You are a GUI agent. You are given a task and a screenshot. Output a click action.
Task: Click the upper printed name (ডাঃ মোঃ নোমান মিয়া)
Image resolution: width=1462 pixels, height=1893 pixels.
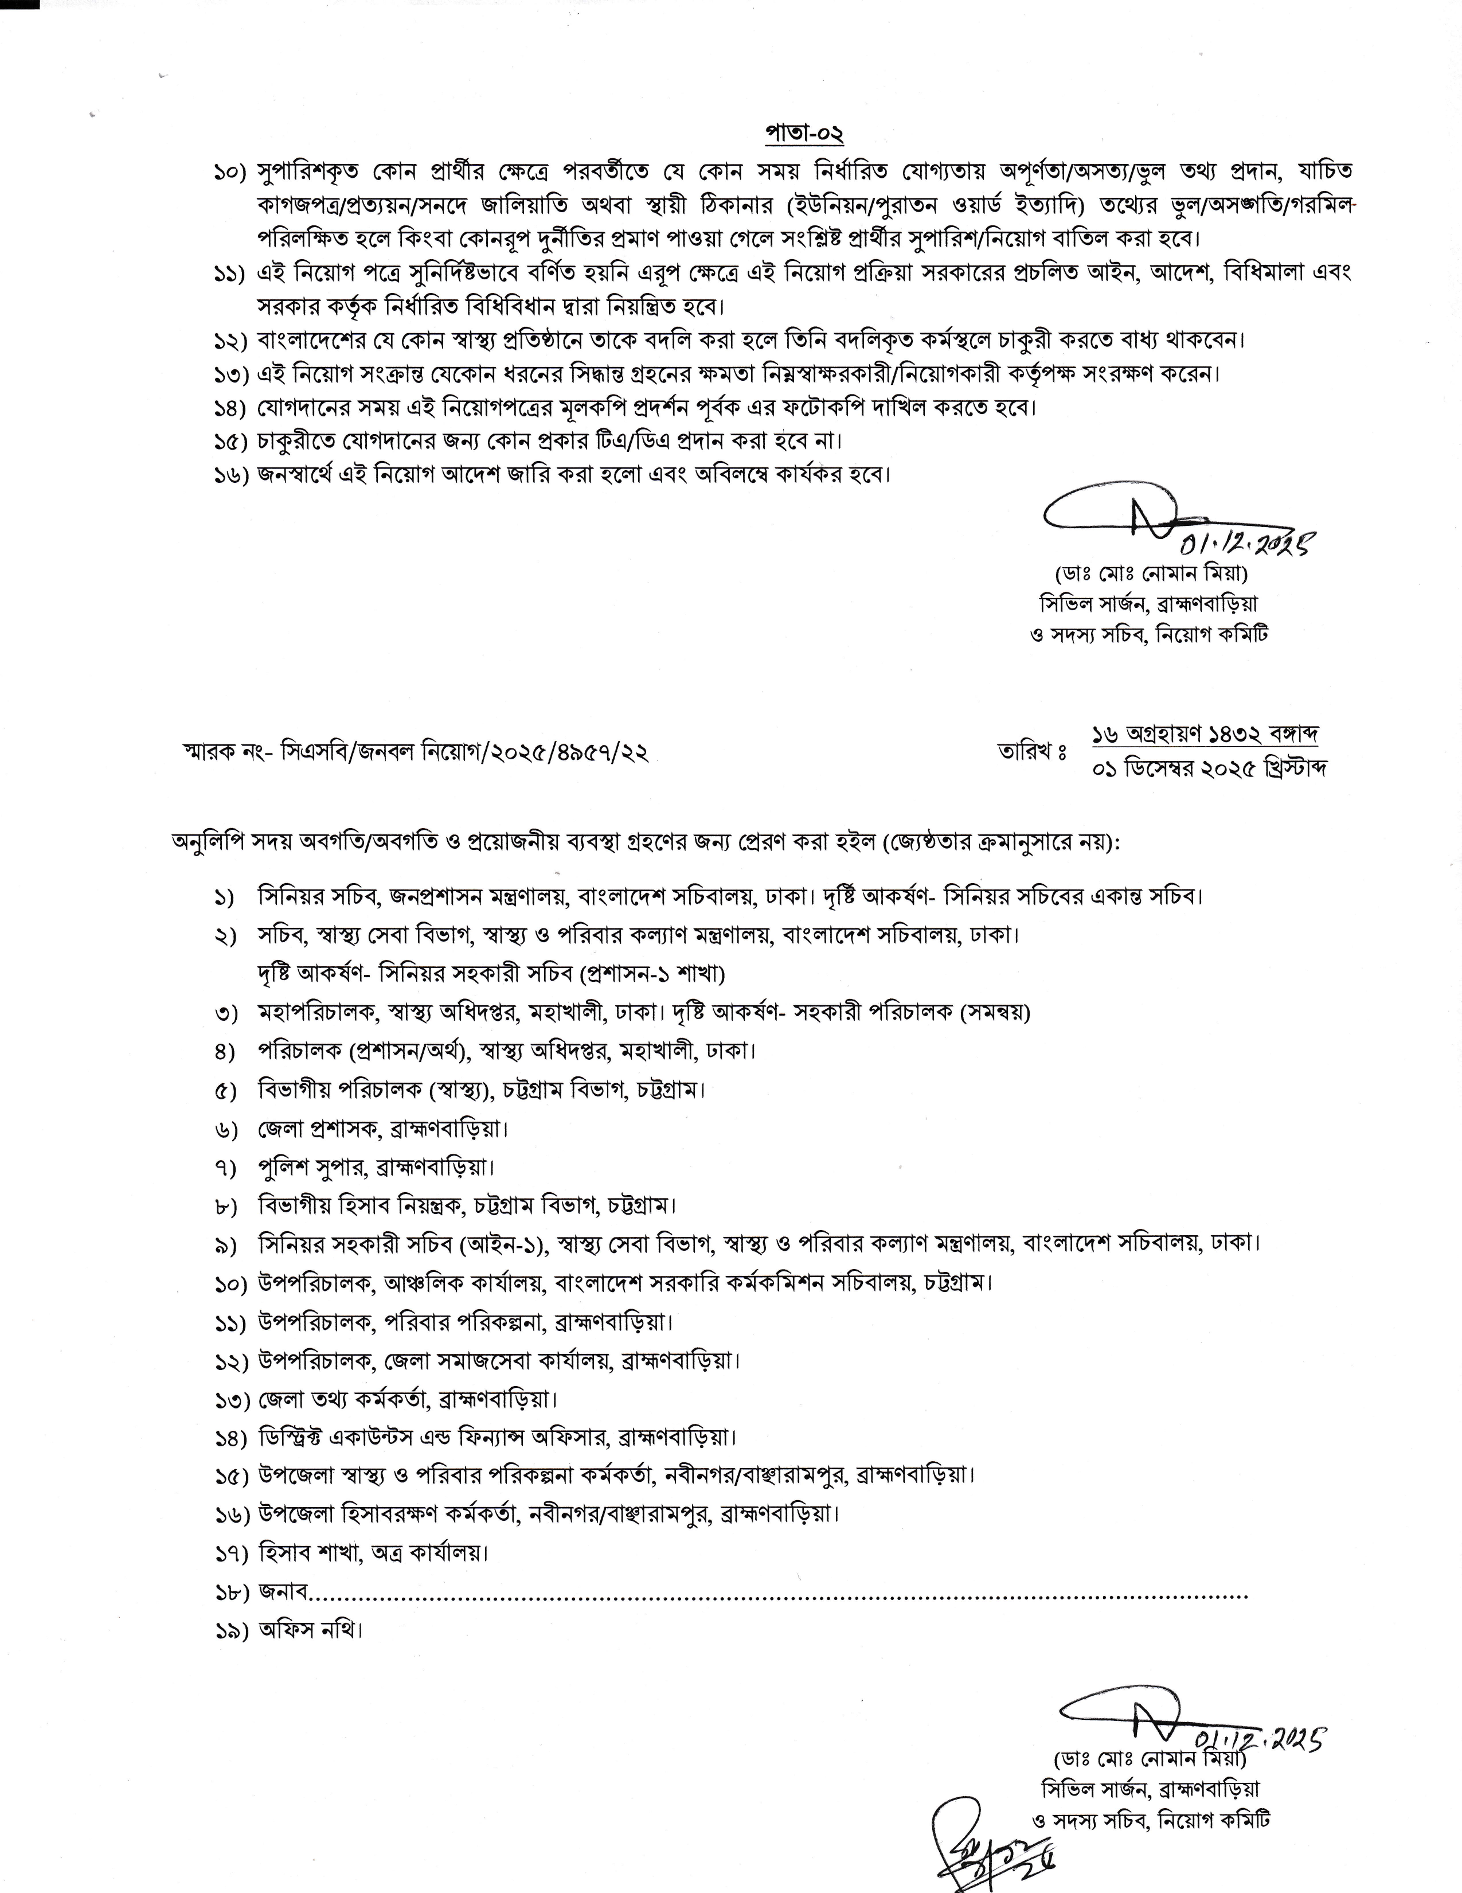(x=1150, y=575)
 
